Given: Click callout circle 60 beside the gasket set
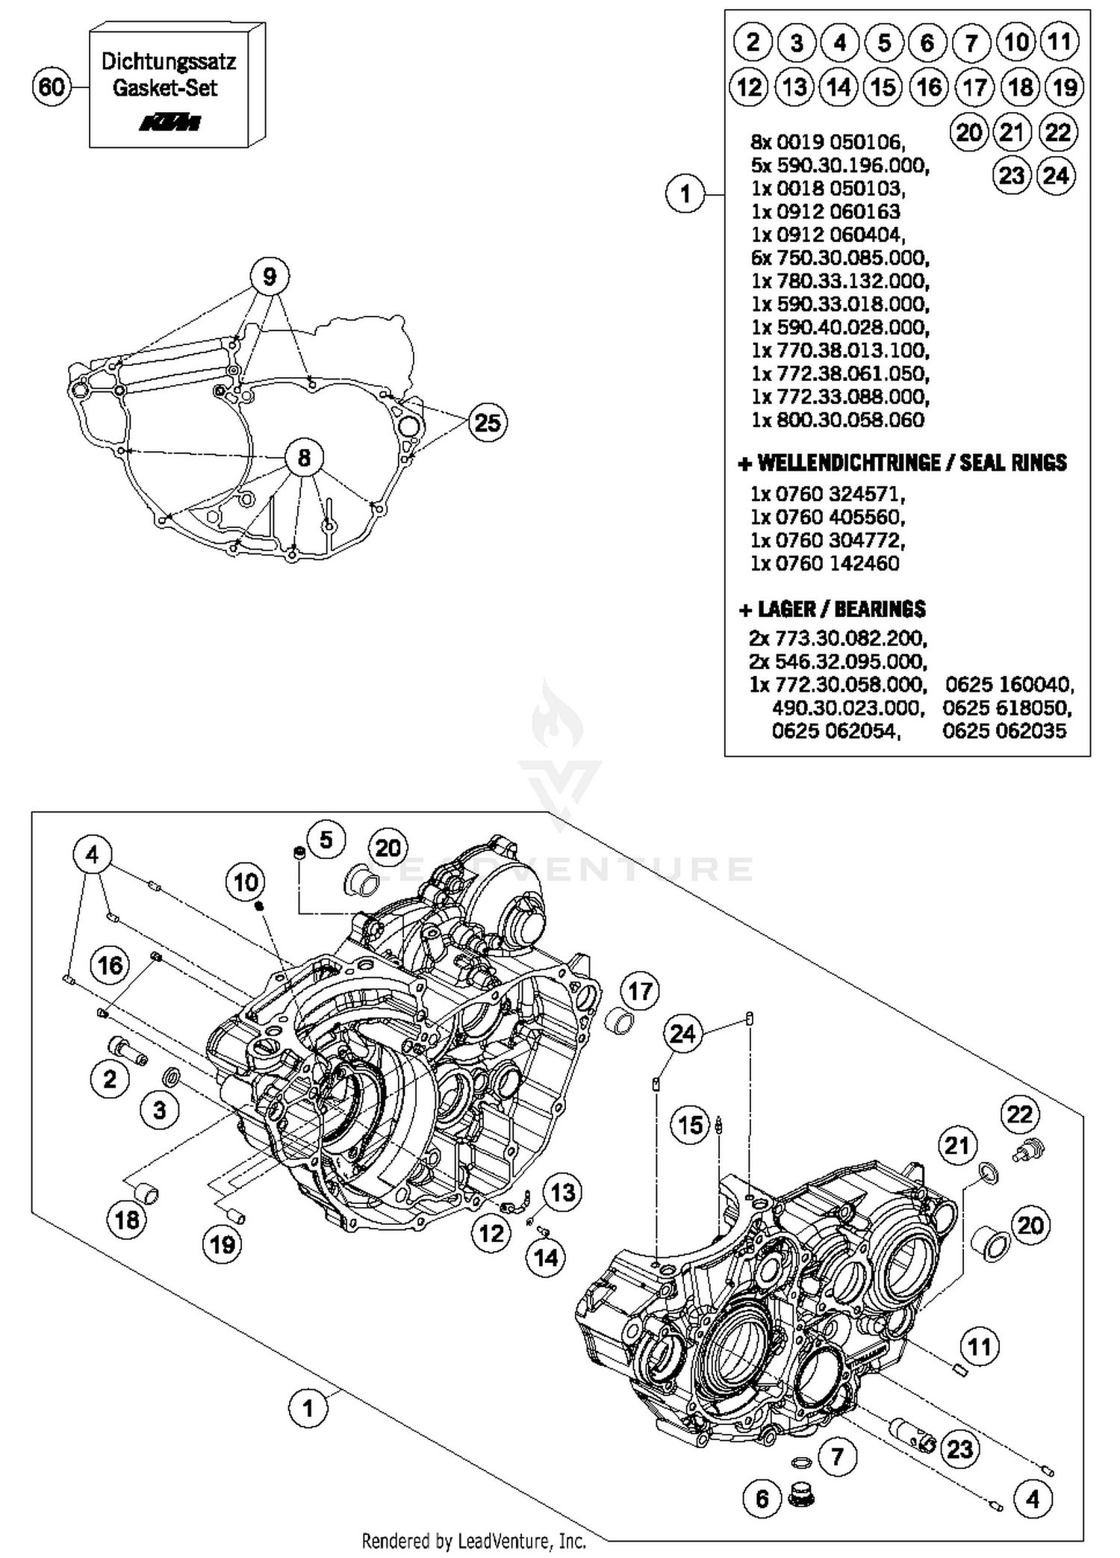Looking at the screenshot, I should (51, 87).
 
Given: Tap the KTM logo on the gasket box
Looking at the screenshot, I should (170, 122).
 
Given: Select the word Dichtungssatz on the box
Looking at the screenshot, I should (168, 61).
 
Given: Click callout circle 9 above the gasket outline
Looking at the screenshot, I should (269, 276).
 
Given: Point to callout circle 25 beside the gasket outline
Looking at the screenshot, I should (488, 423).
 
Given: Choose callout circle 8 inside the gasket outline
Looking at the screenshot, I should (304, 457).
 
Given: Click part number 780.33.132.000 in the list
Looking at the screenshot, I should (840, 281).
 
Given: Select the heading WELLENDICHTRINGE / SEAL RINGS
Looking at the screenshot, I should (902, 463).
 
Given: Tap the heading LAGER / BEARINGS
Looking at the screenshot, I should (832, 609).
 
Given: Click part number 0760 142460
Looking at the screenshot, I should (825, 563).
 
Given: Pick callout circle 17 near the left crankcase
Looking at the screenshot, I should (640, 992).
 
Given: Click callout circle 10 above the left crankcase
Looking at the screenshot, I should (246, 883).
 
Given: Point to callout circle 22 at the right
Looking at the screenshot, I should (1019, 1115).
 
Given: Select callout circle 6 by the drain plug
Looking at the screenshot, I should (762, 1498).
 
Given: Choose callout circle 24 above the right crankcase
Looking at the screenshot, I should (682, 1034).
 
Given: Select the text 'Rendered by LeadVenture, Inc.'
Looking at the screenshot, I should (473, 1541).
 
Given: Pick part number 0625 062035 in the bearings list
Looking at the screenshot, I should (1004, 730).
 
